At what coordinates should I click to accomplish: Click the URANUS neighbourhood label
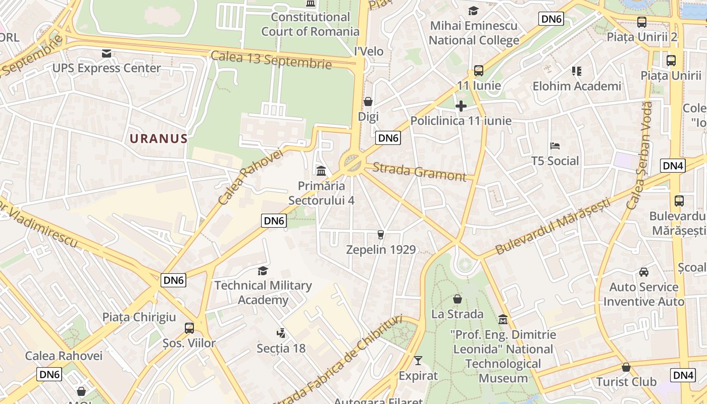pyautogui.click(x=158, y=138)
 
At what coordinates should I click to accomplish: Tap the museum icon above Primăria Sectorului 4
pyautogui.click(x=321, y=171)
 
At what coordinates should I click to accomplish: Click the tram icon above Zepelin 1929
pyautogui.click(x=381, y=234)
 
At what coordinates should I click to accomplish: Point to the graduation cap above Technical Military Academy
pyautogui.click(x=263, y=271)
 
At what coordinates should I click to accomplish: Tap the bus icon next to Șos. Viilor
pyautogui.click(x=189, y=328)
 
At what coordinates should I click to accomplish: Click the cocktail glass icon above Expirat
pyautogui.click(x=418, y=361)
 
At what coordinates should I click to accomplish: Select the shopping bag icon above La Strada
pyautogui.click(x=458, y=299)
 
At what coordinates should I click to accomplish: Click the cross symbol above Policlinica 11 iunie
pyautogui.click(x=461, y=106)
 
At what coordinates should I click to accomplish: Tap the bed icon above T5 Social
pyautogui.click(x=555, y=146)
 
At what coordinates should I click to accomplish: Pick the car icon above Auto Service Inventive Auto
pyautogui.click(x=644, y=272)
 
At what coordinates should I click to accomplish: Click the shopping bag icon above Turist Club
pyautogui.click(x=626, y=367)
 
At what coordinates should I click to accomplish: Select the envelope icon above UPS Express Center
pyautogui.click(x=107, y=54)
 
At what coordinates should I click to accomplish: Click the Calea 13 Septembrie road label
pyautogui.click(x=271, y=60)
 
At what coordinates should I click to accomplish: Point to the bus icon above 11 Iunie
pyautogui.click(x=478, y=71)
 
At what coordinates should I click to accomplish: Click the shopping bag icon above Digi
pyautogui.click(x=368, y=102)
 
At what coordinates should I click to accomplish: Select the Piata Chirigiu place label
pyautogui.click(x=139, y=317)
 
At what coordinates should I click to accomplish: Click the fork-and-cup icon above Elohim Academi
pyautogui.click(x=577, y=71)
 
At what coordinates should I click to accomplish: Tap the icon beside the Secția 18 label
pyautogui.click(x=281, y=333)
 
